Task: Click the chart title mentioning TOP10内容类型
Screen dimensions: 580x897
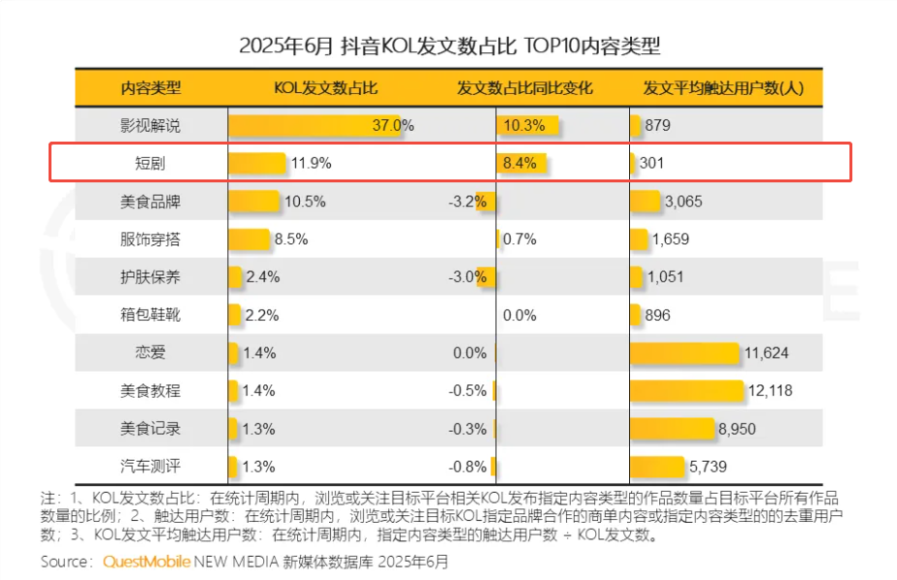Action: tap(449, 46)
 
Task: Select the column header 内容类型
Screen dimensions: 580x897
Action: tap(150, 88)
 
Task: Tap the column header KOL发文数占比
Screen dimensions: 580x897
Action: tap(325, 88)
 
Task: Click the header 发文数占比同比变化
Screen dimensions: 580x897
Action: tap(524, 88)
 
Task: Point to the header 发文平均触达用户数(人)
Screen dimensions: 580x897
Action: tap(723, 88)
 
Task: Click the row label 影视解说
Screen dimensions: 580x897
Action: tap(150, 125)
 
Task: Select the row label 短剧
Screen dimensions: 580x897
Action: tap(150, 163)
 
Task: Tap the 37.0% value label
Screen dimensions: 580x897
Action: tap(393, 125)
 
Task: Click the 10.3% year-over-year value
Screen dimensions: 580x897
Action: tap(524, 125)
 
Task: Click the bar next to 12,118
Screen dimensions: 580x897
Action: tap(685, 391)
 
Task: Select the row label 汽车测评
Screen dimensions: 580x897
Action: tap(150, 467)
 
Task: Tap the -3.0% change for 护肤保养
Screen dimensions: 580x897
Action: tap(467, 277)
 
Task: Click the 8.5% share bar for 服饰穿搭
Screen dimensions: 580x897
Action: tap(249, 239)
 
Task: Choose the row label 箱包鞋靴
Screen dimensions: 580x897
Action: tap(150, 315)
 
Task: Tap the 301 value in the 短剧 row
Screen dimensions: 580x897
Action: tap(651, 163)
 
